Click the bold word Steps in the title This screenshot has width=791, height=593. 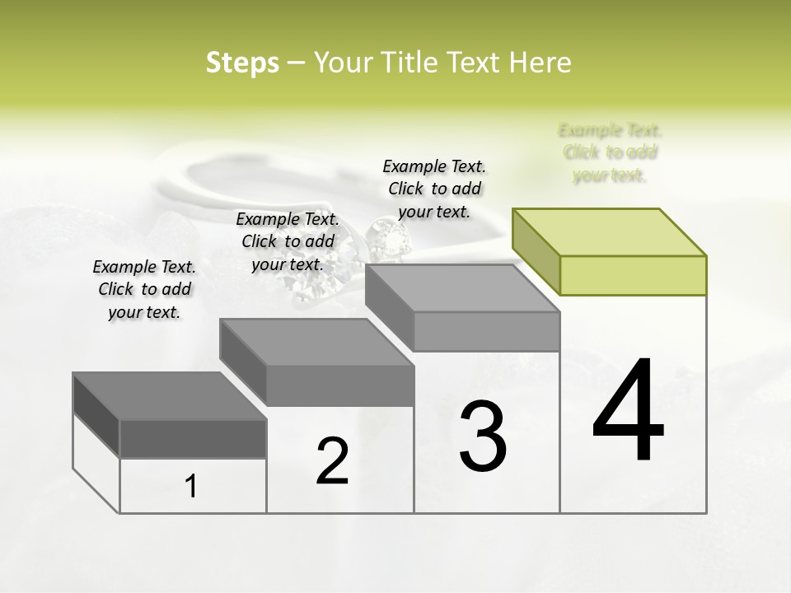click(242, 63)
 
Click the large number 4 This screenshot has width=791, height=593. click(628, 412)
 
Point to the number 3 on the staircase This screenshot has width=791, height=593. click(483, 437)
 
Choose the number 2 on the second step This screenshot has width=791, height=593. click(332, 461)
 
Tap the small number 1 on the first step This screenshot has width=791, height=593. click(191, 487)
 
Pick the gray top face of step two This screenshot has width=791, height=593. click(317, 342)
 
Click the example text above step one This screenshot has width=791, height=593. click(144, 289)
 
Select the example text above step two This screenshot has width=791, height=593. click(288, 241)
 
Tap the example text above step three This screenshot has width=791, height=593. click(434, 189)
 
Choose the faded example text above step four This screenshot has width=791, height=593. click(610, 152)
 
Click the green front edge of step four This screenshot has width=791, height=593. click(633, 275)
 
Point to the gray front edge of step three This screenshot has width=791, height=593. click(486, 331)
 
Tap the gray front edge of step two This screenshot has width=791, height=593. click(340, 385)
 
